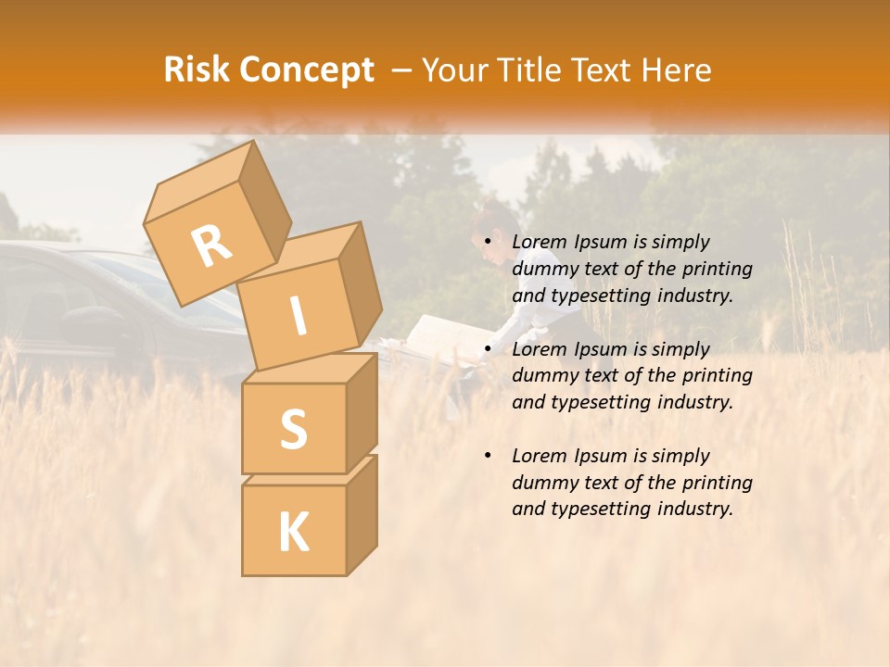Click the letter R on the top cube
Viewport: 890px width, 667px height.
[211, 245]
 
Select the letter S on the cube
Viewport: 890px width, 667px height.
[293, 429]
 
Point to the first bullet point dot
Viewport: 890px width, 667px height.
[489, 243]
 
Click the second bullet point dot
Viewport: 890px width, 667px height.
[489, 349]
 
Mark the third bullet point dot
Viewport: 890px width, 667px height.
[489, 456]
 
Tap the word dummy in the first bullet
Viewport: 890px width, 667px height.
[541, 269]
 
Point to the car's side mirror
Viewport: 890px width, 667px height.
[80, 321]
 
